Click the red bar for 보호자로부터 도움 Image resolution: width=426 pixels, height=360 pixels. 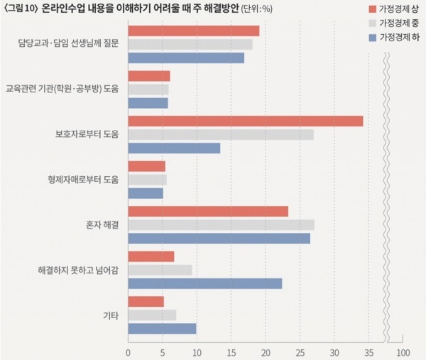point(245,121)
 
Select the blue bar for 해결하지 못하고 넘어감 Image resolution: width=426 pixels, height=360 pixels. point(204,283)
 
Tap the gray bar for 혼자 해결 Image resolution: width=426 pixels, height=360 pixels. point(221,225)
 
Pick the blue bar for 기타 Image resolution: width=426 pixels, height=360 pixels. point(162,328)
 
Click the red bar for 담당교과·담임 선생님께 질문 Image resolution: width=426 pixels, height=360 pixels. point(193,31)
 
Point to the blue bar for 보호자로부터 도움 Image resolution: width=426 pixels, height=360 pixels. point(174,148)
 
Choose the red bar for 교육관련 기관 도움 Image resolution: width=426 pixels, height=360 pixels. point(148,76)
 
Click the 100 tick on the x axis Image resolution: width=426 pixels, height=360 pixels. point(403,352)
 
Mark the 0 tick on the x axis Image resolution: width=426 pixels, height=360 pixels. point(128,352)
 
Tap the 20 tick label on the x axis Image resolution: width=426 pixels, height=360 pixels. point(266,352)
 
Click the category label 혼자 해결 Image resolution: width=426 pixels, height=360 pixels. point(102,224)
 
